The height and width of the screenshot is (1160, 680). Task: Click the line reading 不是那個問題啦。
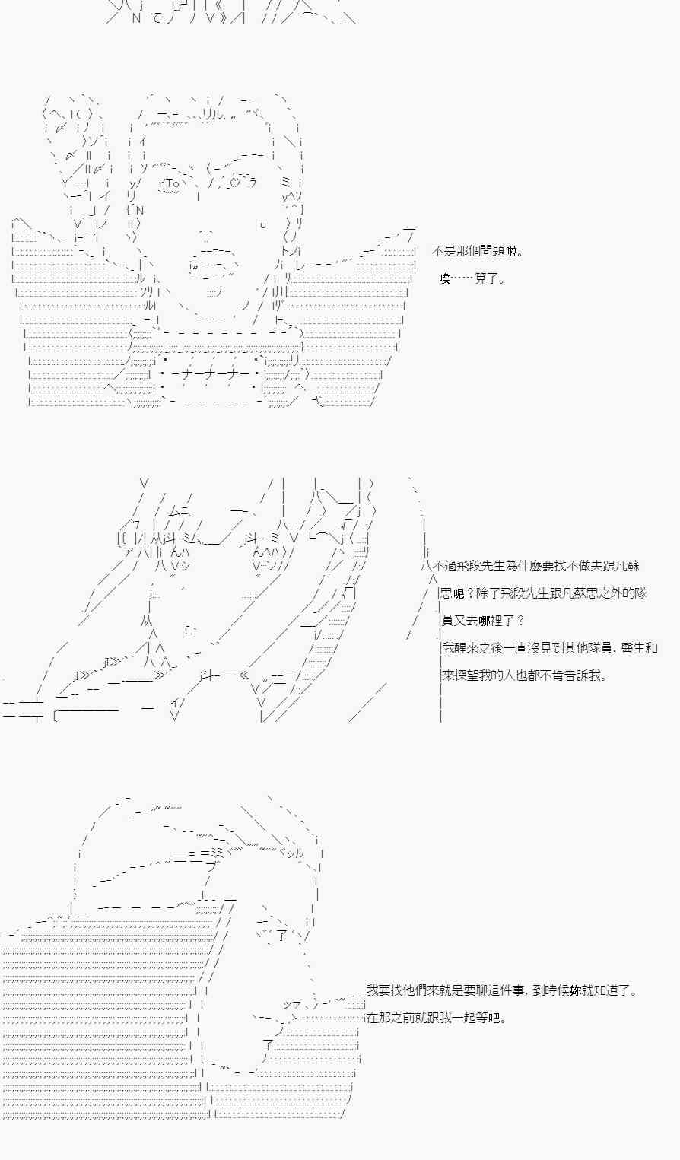pos(477,252)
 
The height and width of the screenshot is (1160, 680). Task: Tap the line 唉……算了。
pos(472,278)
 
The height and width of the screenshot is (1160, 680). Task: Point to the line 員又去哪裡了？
pos(483,620)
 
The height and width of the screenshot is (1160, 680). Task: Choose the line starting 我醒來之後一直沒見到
pos(549,647)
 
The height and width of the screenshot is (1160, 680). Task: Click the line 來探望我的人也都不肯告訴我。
pos(524,675)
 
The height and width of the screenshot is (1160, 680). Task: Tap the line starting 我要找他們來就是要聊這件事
pos(502,990)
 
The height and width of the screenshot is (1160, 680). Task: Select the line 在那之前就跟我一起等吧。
pos(437,1018)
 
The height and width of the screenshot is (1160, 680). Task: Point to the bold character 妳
pos(575,990)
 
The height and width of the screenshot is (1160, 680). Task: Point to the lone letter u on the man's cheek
pos(263,224)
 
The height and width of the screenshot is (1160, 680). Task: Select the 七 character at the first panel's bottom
pos(319,401)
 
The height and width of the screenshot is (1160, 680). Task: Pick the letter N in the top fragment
pos(136,17)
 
